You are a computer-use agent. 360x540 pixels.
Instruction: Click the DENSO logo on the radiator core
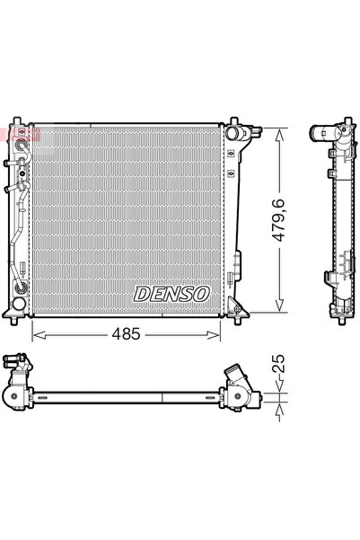(171, 294)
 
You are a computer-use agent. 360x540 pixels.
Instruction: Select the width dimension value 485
(127, 334)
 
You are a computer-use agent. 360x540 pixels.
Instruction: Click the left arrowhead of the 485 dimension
(37, 335)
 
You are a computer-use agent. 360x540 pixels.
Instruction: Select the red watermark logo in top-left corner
(8, 133)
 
